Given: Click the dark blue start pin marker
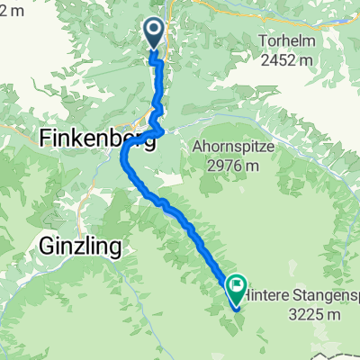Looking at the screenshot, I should pos(153,34).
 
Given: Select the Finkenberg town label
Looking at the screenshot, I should pos(85,138).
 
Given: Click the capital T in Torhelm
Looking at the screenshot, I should pos(262,41).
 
